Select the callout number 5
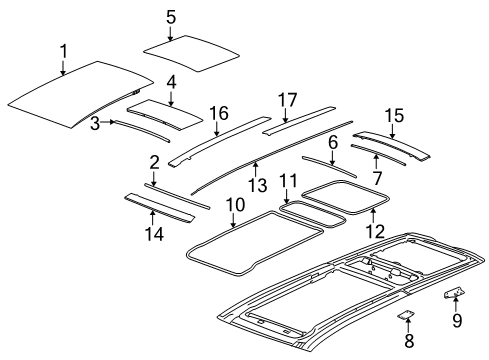point(171,16)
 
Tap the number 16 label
point(219,112)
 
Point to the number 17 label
point(288,100)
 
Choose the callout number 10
point(234,205)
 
